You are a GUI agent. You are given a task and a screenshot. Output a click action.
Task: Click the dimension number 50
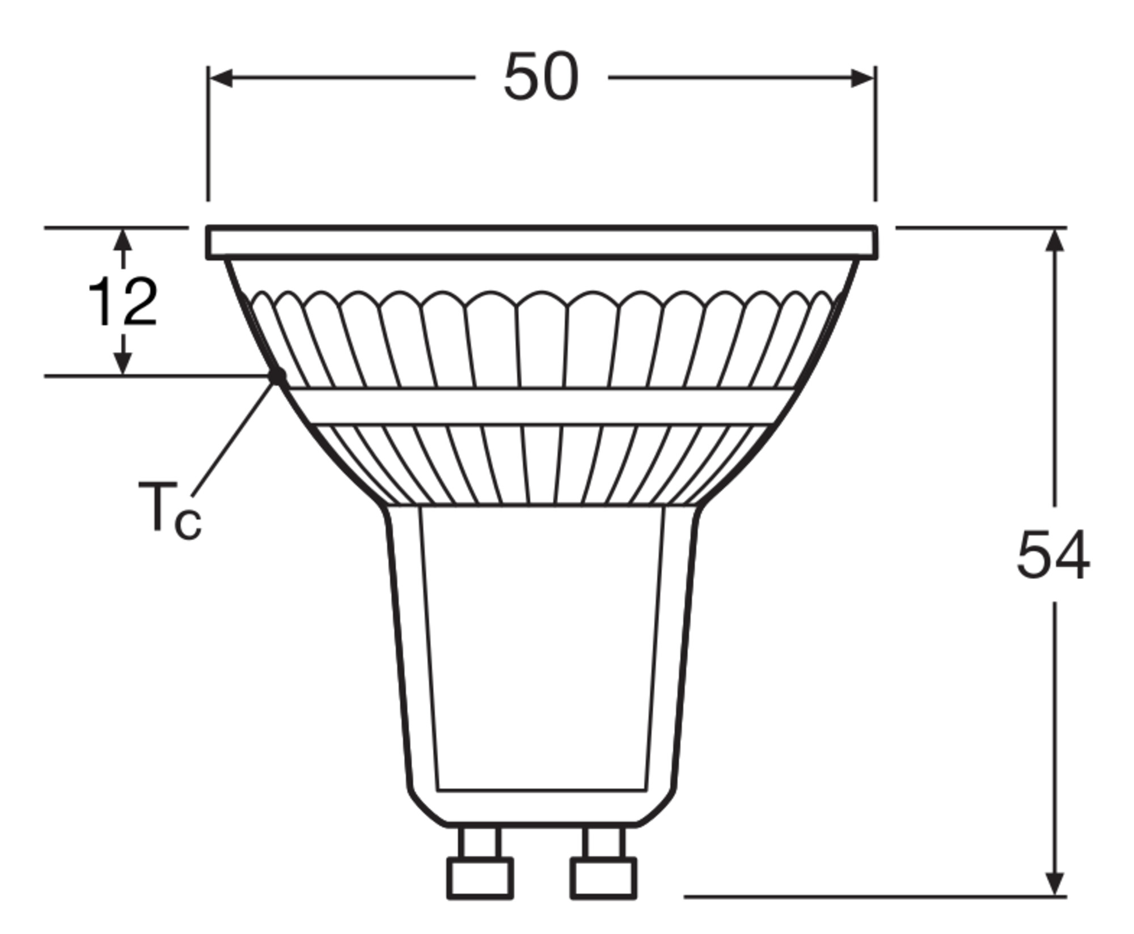[541, 78]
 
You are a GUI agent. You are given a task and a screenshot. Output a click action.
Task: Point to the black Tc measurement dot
[278, 375]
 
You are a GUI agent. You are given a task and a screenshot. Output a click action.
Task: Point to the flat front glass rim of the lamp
[541, 243]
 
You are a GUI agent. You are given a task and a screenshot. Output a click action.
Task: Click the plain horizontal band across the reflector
[541, 406]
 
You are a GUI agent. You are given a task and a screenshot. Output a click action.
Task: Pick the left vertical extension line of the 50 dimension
[208, 136]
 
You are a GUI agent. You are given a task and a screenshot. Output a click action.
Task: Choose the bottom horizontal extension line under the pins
[873, 897]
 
